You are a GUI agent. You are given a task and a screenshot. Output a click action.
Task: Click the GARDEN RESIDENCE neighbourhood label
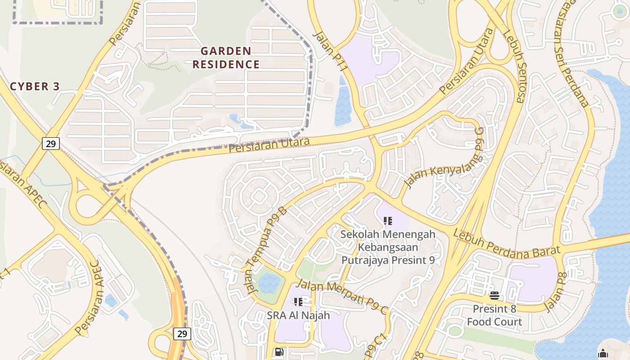click(x=226, y=58)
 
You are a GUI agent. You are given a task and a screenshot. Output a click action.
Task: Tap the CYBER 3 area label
click(x=35, y=86)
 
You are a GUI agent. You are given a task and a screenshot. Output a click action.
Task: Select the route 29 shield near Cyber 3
click(x=51, y=144)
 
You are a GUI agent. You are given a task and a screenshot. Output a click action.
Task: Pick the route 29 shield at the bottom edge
click(x=182, y=333)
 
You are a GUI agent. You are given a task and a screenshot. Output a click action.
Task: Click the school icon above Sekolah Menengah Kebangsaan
click(x=388, y=221)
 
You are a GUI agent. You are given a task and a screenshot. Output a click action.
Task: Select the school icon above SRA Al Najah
click(x=298, y=301)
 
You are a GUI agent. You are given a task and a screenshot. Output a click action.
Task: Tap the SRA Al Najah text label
click(x=298, y=315)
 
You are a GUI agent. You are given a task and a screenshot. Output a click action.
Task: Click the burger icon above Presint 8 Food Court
click(x=494, y=296)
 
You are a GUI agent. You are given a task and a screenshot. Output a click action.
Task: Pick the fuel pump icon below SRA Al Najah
click(x=279, y=352)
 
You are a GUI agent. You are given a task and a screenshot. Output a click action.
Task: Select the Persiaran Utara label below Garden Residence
click(x=269, y=145)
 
